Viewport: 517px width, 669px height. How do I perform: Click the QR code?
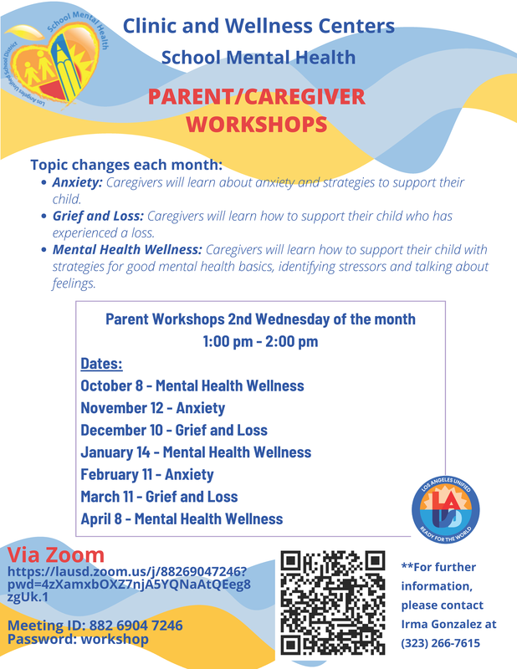[333, 602]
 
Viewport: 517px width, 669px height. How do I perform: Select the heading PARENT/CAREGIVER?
[258, 97]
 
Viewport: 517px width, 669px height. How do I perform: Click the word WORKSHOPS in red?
[256, 125]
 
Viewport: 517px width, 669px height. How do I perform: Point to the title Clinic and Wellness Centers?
[258, 26]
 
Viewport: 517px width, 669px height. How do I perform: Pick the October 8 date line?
[192, 386]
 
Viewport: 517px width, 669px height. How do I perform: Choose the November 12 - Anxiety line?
[152, 408]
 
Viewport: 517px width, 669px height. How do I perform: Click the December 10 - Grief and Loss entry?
[174, 431]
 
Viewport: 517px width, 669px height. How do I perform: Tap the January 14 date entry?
[196, 452]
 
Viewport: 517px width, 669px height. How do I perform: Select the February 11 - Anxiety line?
[147, 474]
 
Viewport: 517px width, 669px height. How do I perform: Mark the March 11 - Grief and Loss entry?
[159, 497]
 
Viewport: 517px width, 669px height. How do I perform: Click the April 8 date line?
[182, 518]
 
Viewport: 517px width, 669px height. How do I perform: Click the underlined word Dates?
[101, 365]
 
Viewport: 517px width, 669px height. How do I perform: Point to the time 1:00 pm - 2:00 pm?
[260, 341]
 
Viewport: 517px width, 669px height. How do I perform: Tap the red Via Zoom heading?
[56, 555]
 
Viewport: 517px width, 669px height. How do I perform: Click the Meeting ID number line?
[95, 626]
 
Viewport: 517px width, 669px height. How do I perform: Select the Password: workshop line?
[78, 639]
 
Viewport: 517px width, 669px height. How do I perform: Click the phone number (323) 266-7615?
[441, 642]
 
